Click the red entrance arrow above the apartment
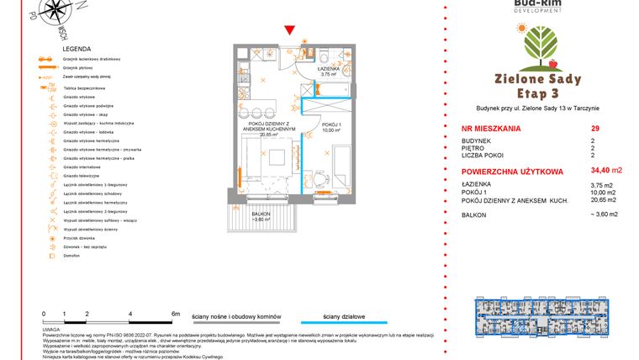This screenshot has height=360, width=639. click(289, 31)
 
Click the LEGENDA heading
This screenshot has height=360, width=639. click(77, 50)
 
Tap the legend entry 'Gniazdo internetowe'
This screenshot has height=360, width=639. click(83, 166)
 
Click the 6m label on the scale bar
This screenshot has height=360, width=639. click(175, 313)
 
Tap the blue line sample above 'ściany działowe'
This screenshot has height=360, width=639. click(354, 322)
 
